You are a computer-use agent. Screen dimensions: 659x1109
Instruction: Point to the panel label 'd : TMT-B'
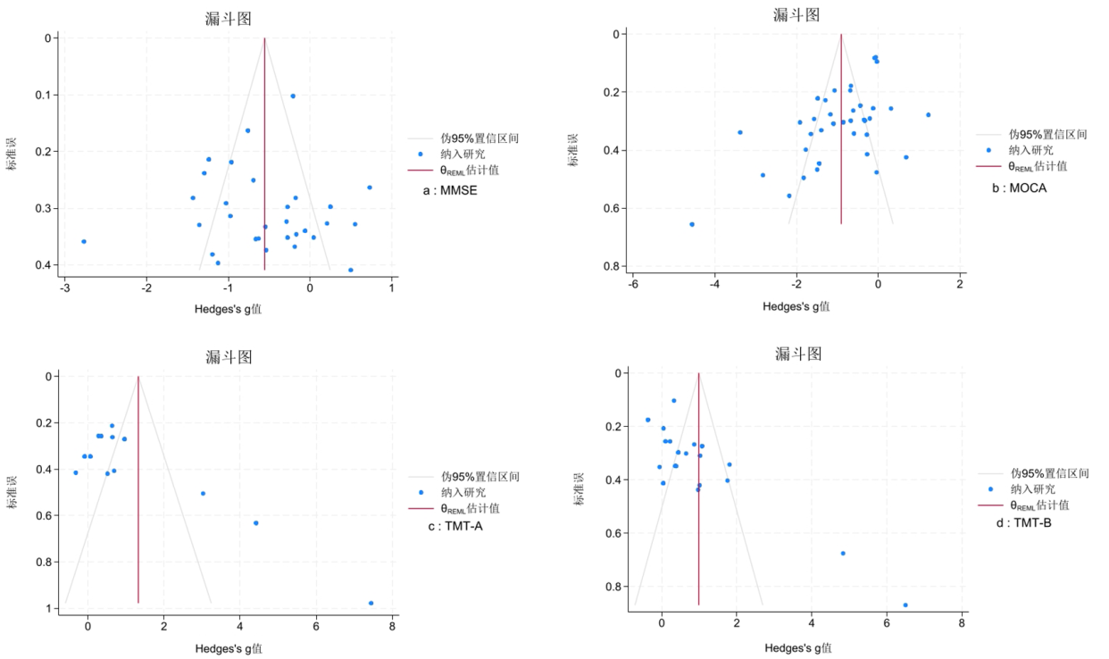coord(1023,522)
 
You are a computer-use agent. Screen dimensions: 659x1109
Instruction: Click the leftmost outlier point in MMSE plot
coord(84,241)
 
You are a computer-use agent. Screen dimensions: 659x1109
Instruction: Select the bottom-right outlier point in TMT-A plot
coord(371,603)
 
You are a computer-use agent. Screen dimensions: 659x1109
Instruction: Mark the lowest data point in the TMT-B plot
coord(905,605)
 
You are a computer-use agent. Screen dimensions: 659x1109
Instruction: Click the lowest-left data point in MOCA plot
coord(692,224)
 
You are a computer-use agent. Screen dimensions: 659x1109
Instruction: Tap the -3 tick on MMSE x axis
coord(64,288)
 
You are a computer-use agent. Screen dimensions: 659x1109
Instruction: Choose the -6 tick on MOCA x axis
coord(632,284)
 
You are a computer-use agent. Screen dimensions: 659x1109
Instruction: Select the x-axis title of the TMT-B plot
coord(797,647)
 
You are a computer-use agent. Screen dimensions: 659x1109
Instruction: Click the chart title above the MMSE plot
coord(226,20)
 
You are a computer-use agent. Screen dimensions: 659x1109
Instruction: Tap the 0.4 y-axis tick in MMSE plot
coord(46,265)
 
